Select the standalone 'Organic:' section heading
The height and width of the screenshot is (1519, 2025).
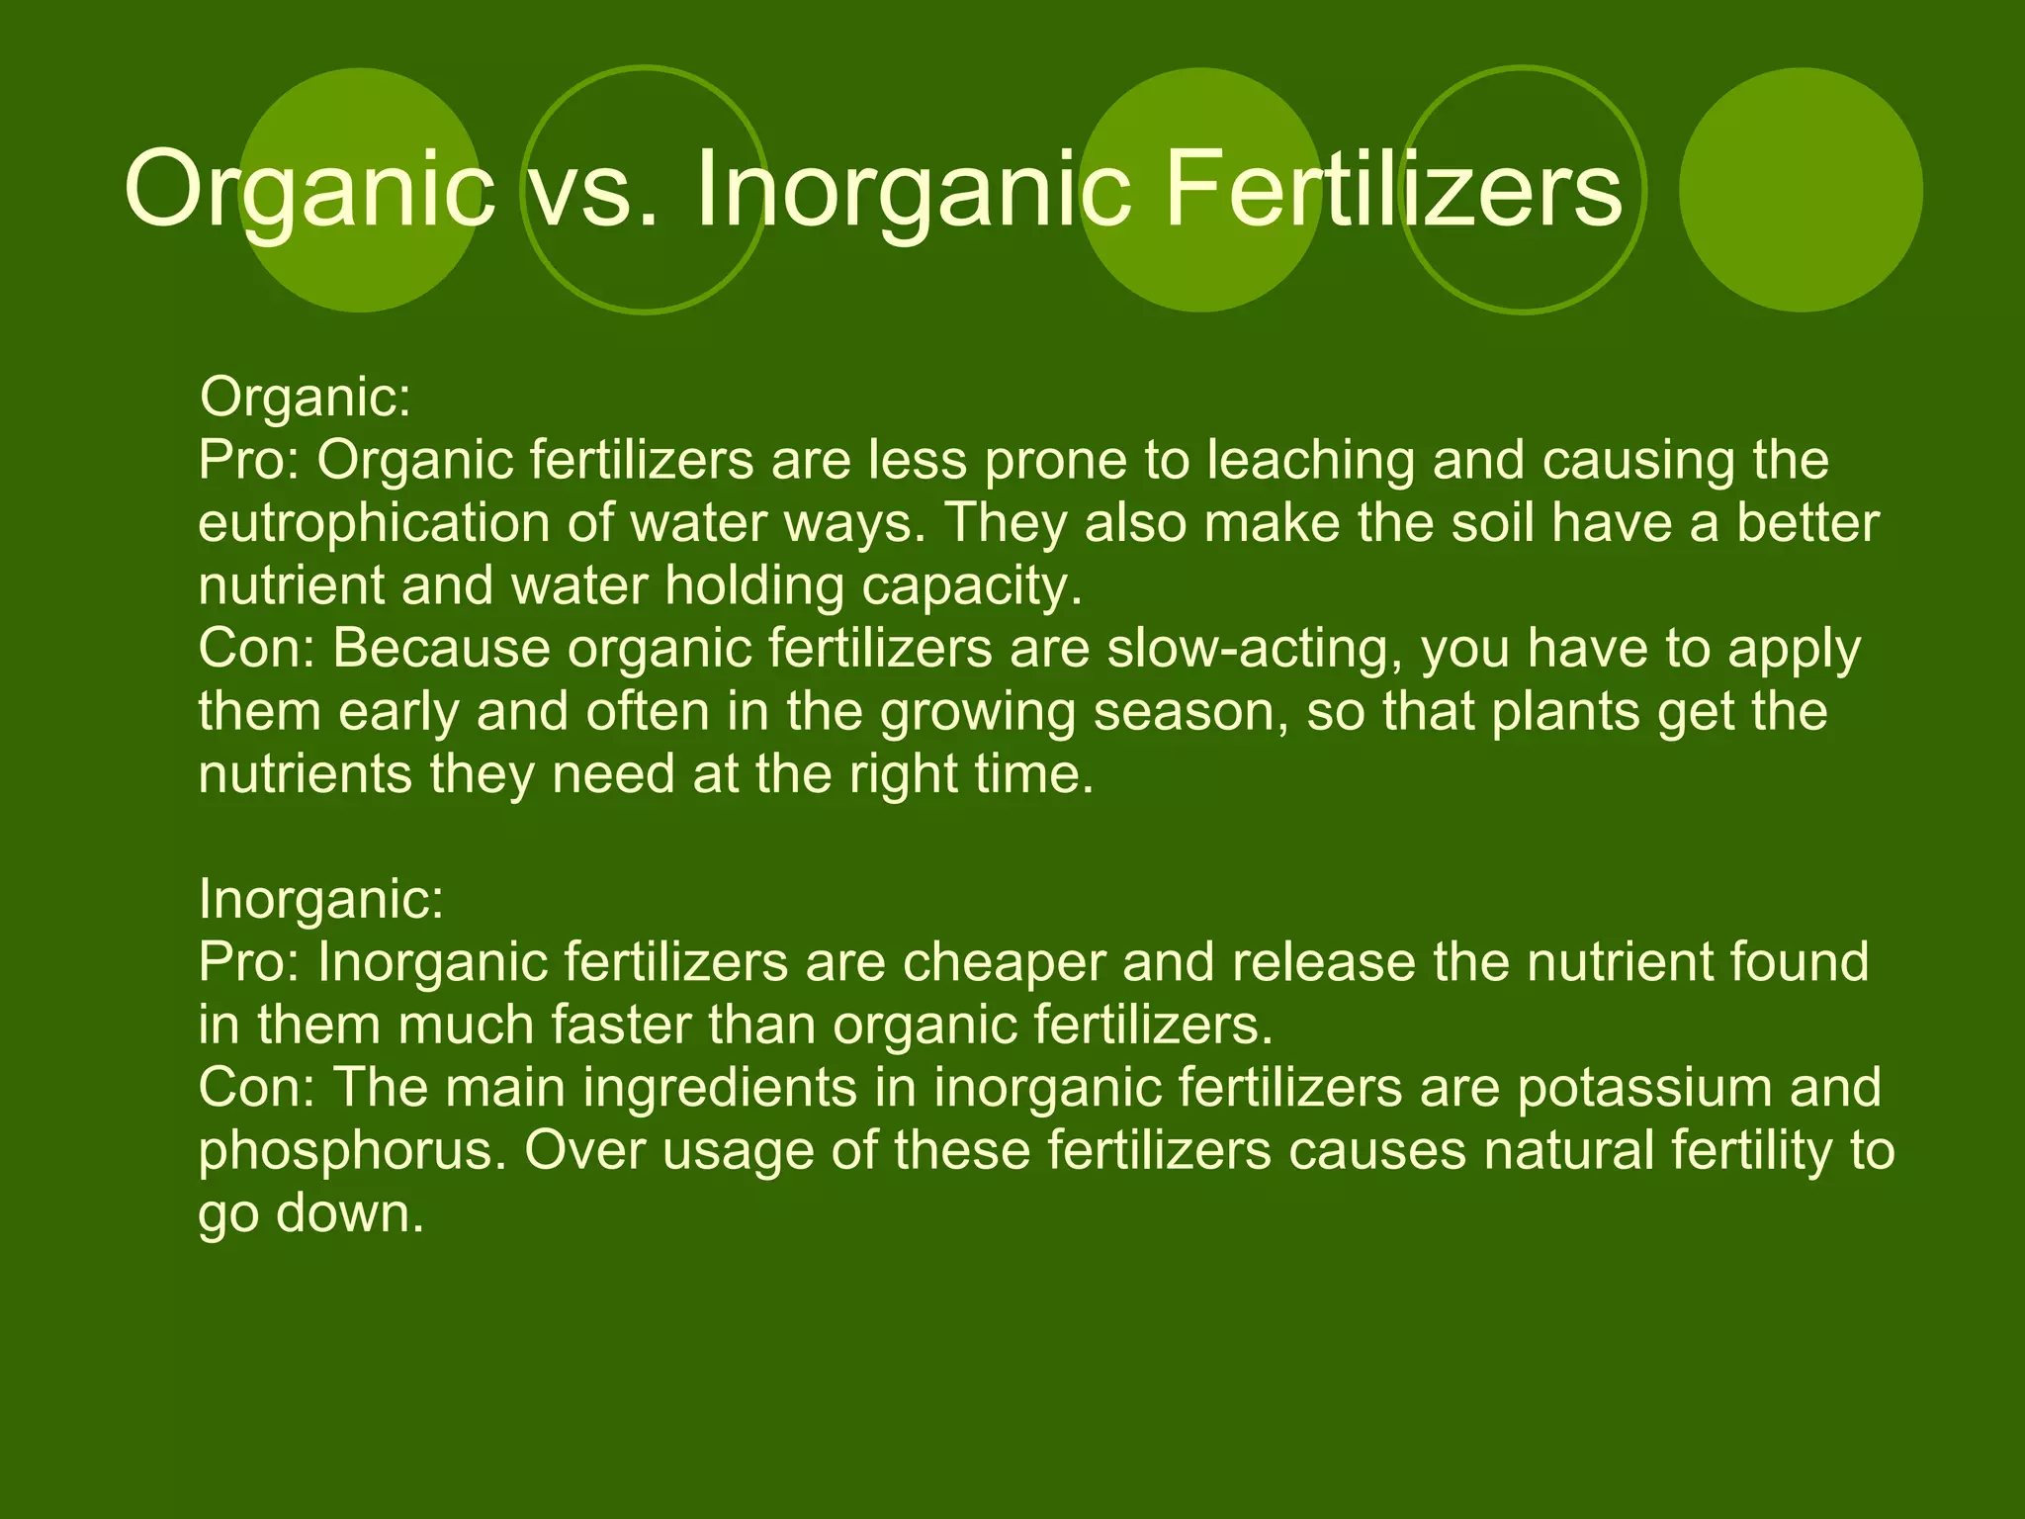coord(305,398)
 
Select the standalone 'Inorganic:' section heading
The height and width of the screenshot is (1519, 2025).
coord(321,899)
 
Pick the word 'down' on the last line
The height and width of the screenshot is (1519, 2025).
coord(350,1212)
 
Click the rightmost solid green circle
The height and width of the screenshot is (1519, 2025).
coord(1801,190)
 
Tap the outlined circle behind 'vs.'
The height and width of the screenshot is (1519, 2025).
coord(645,267)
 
